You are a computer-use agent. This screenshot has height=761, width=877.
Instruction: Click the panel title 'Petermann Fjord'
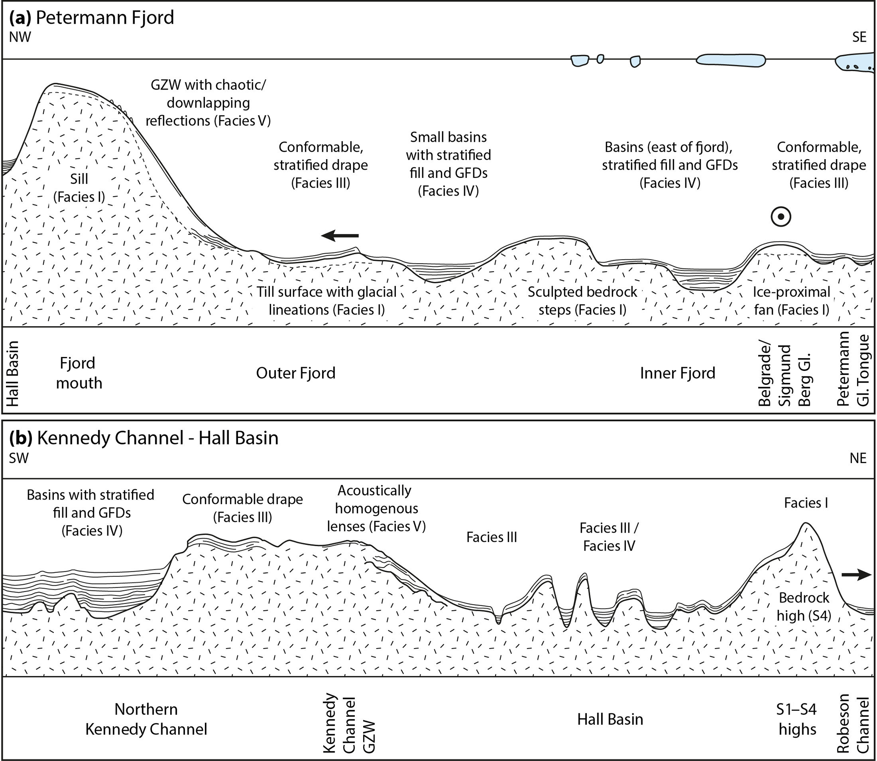coord(104,18)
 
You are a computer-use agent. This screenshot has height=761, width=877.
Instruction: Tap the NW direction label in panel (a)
coord(20,37)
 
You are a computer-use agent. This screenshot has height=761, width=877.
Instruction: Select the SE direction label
coord(859,37)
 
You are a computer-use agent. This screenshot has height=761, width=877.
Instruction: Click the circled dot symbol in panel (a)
coord(781,217)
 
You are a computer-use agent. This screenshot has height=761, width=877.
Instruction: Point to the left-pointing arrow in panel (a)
coord(339,235)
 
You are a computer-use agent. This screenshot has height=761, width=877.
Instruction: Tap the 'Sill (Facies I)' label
coord(79,188)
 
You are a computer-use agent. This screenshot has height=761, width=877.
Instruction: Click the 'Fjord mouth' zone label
coord(79,373)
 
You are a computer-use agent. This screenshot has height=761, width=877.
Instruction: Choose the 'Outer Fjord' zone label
coord(295,373)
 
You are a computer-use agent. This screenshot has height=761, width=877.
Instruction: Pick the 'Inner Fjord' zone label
coord(678,373)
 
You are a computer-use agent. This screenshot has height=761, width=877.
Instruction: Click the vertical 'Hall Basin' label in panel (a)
coord(12,373)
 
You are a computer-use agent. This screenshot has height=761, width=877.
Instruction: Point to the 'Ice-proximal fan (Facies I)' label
coord(791,300)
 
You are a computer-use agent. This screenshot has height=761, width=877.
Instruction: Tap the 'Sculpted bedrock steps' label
coord(583,300)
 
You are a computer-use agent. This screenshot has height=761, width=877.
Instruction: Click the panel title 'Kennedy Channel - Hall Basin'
coord(157,438)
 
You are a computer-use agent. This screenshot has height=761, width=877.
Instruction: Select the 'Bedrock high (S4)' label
coord(804,607)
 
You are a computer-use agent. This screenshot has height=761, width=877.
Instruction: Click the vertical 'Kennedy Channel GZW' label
coord(349,723)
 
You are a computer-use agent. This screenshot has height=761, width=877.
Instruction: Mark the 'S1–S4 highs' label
coord(797,719)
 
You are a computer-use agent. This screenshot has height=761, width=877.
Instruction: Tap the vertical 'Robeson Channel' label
coord(853,723)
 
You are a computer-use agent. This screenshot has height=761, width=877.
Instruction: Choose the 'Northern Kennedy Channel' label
coord(146,719)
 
